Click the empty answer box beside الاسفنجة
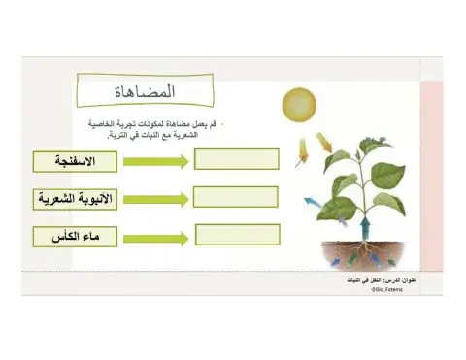(236, 158)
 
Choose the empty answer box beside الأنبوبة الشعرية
(236, 196)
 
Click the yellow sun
(299, 105)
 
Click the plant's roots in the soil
(361, 254)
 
